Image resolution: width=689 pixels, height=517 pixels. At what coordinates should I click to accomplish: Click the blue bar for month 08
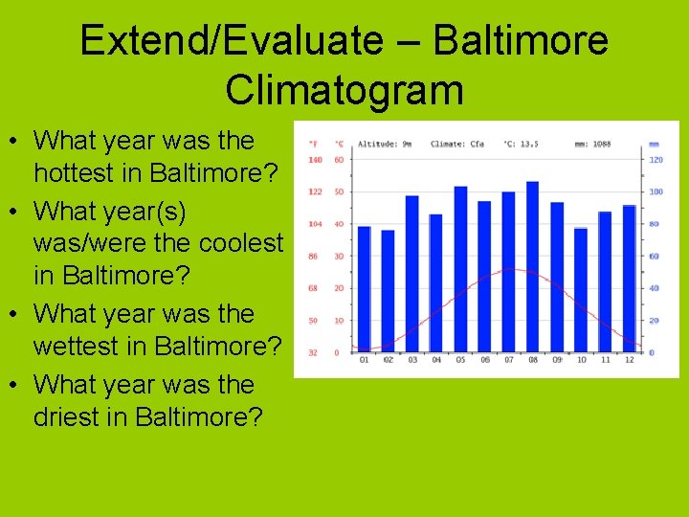(x=532, y=267)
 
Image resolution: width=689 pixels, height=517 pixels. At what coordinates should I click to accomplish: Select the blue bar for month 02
(x=388, y=291)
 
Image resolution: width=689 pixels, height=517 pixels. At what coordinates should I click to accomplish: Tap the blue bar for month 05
(x=460, y=269)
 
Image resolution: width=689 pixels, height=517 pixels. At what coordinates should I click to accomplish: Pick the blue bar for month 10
(x=581, y=290)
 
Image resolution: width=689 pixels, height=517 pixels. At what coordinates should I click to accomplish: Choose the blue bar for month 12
(x=629, y=279)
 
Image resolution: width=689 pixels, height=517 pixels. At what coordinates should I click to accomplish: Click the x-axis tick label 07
(x=508, y=360)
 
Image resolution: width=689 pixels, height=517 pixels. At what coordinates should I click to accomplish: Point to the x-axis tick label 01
(x=364, y=360)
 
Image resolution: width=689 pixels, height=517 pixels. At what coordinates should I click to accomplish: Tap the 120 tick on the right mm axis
(x=656, y=160)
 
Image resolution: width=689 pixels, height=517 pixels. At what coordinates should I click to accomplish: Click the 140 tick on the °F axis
(x=313, y=160)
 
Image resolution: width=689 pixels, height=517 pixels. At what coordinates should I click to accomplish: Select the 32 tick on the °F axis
(x=313, y=352)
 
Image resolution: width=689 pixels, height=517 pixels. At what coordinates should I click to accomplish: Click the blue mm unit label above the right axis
(x=654, y=144)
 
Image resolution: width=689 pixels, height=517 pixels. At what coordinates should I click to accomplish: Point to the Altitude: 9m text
(x=384, y=144)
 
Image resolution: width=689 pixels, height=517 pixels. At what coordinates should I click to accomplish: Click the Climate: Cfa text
(x=457, y=144)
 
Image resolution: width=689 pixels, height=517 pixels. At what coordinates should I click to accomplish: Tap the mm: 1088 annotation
(x=593, y=144)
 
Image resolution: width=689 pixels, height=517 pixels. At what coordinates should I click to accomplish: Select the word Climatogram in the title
(x=344, y=90)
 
